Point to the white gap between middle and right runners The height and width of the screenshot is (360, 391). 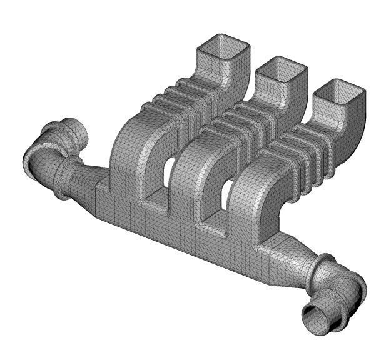pyautogui.click(x=228, y=188)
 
